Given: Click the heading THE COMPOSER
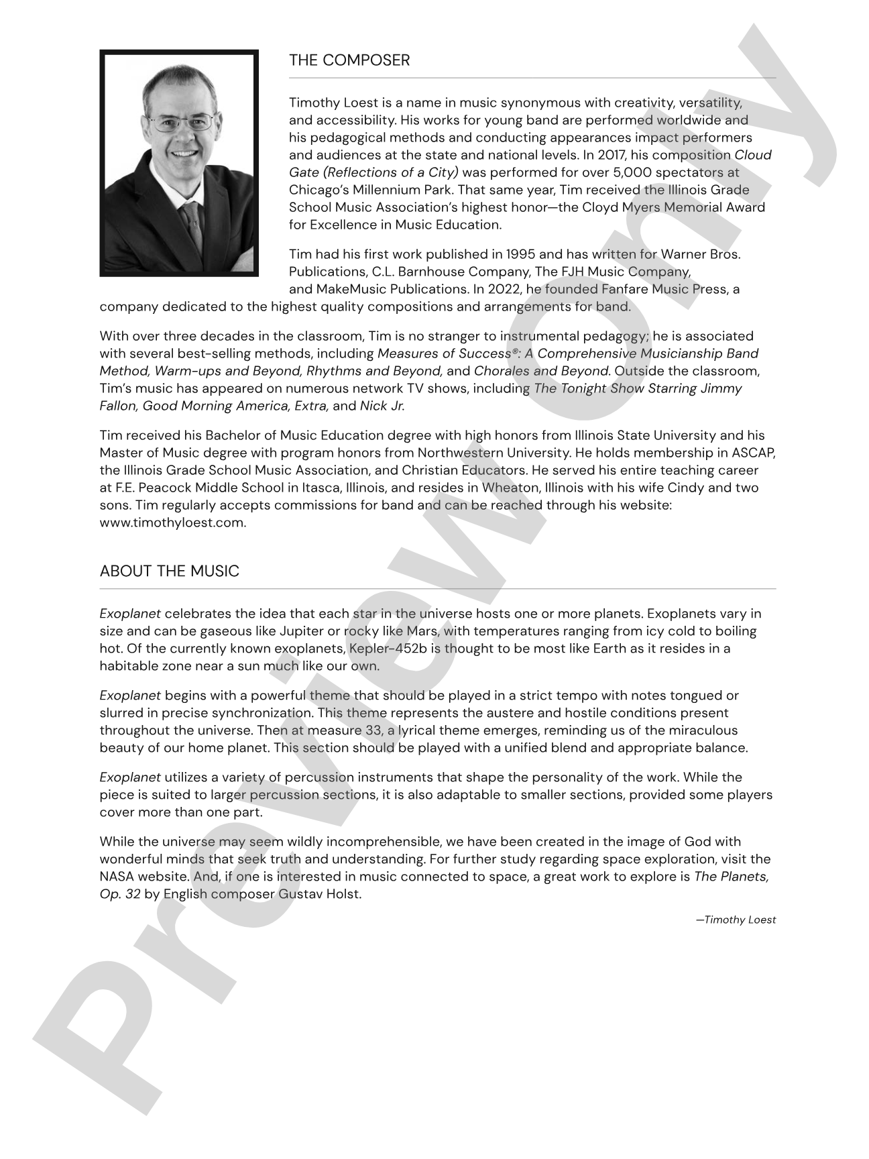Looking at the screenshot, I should tap(349, 60).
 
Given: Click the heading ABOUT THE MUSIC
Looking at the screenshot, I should tap(169, 571).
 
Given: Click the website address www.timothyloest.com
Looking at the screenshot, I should tap(172, 522).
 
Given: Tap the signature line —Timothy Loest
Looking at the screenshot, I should tap(735, 920).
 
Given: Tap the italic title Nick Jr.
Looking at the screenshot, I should tap(382, 406).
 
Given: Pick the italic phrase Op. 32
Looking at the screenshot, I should tap(120, 894).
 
